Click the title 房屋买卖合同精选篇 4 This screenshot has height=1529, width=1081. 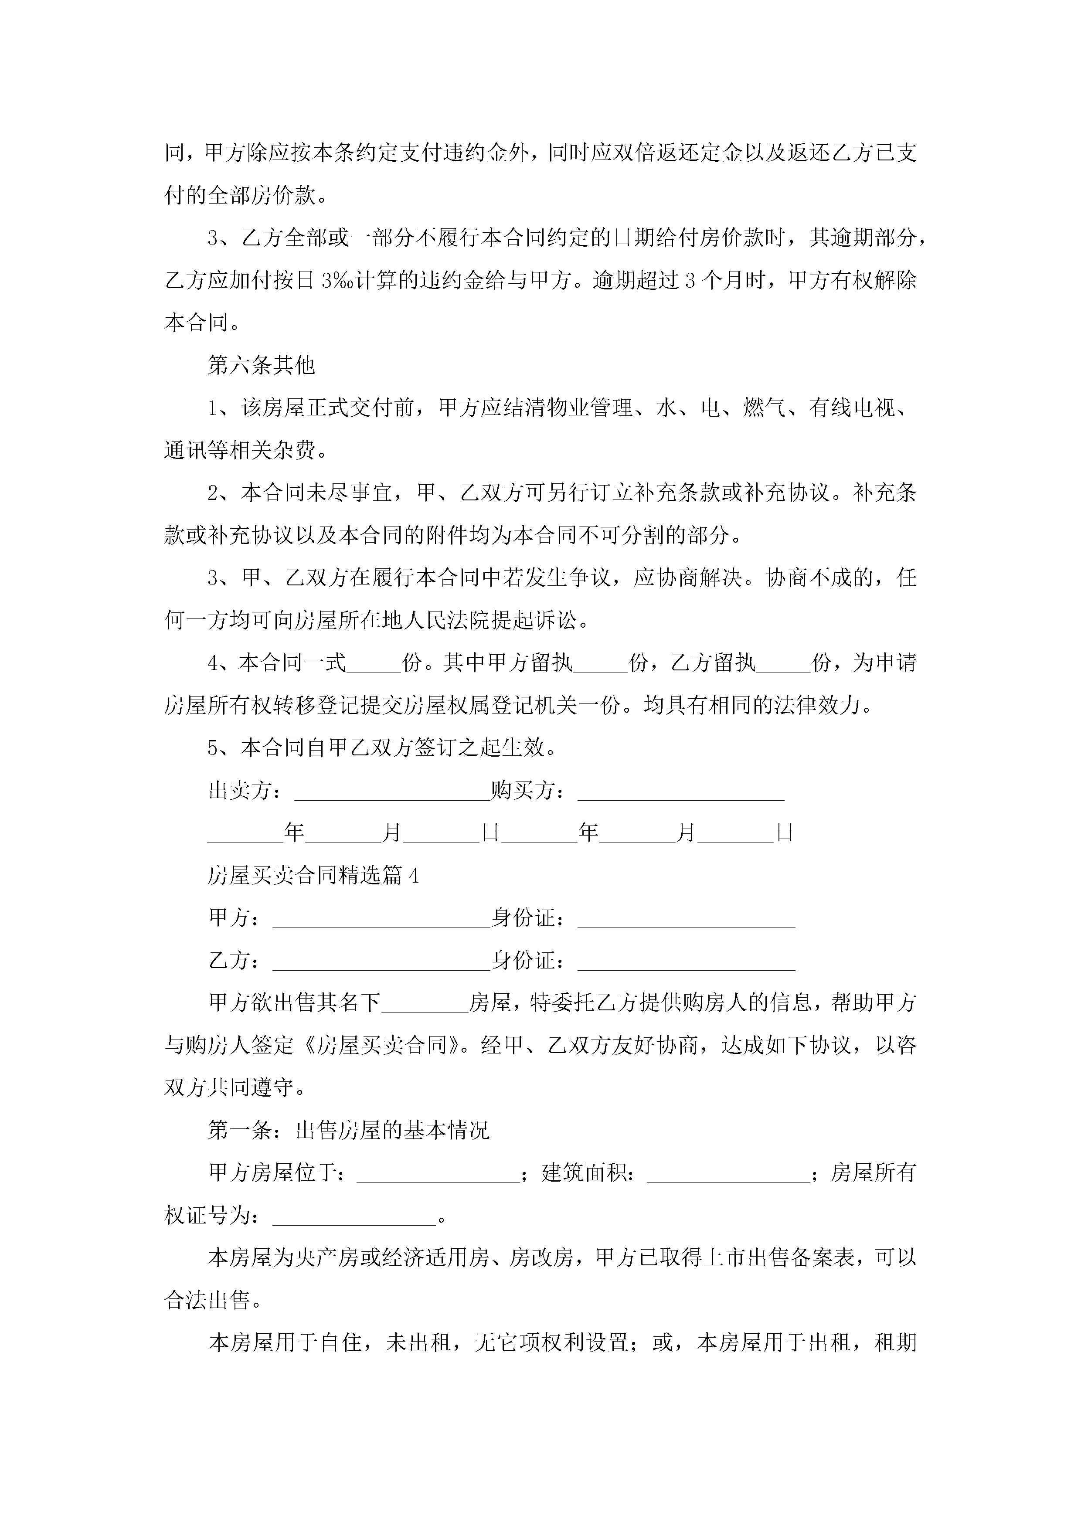coord(313,875)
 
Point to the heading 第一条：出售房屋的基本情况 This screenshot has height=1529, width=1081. coord(348,1130)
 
